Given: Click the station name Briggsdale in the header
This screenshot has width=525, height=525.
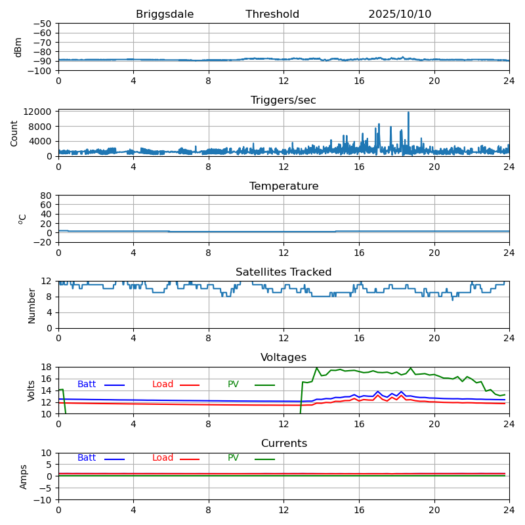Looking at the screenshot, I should point(165,14).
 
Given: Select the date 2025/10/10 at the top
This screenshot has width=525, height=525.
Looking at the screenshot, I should point(400,14).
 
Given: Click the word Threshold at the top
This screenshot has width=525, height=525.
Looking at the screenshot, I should point(272,14).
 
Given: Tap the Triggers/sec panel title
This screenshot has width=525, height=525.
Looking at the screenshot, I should point(283,100).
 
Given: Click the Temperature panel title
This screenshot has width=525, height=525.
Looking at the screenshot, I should point(283,186).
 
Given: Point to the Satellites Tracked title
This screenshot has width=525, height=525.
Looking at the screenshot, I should point(283,272).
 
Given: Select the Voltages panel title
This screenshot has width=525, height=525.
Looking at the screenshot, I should point(283,358).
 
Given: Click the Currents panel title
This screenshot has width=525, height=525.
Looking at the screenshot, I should point(283,444).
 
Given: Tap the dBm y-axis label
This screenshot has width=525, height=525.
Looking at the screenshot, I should point(18,47).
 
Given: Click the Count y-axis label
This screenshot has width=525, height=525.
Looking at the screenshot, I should point(14,133).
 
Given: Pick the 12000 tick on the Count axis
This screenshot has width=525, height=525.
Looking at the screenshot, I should point(38,112).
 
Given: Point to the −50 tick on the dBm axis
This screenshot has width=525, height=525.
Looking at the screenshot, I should point(41,24).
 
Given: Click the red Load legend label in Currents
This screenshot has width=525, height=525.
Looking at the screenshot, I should point(163,458).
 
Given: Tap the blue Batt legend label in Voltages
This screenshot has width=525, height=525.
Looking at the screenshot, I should point(87,385).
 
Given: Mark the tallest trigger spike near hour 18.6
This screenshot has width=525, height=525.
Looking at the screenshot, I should point(408,113).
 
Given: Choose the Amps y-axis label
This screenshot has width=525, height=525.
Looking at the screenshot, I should point(24,476).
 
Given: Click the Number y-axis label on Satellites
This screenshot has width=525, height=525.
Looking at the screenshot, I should point(32,305).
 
